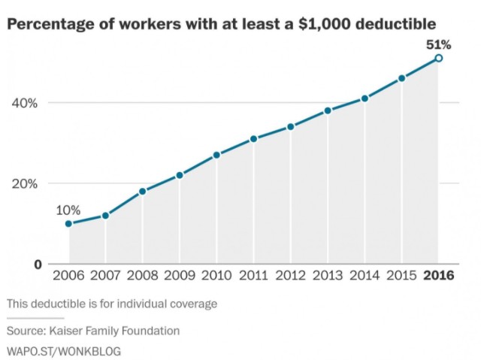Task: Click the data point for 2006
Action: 68,223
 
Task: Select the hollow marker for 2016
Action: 438,58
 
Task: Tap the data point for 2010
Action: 216,155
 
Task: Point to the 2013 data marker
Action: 328,110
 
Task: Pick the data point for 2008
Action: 143,191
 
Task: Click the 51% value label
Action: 438,44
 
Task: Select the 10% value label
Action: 68,210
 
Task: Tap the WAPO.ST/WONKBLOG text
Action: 64,350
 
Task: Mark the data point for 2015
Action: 401,78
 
